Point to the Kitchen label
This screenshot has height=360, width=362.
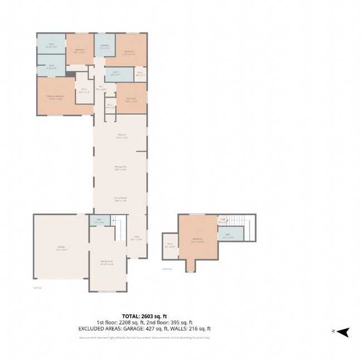tap(121, 135)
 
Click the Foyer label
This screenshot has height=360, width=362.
tap(137, 237)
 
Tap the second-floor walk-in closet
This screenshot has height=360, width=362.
tap(170, 245)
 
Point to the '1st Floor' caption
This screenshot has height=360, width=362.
tap(38, 288)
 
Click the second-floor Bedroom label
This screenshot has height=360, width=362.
tap(197, 240)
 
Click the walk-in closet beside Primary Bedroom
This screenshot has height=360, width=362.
tap(84, 90)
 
